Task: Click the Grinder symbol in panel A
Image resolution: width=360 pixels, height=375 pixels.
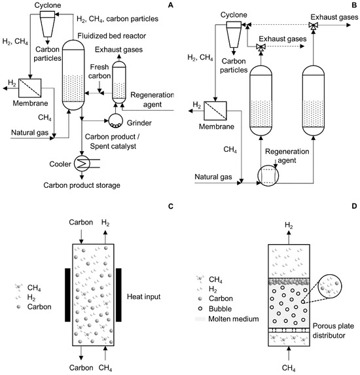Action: (116, 120)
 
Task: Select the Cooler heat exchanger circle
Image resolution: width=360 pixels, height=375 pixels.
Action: (82, 164)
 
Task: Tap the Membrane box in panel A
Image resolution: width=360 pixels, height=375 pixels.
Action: (30, 88)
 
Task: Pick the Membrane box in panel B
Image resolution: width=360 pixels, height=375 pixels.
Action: (215, 111)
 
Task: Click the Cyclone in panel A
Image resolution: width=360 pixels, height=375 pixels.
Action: (47, 24)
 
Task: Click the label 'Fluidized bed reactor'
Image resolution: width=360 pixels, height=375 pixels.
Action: (111, 36)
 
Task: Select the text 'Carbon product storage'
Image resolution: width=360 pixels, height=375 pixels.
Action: (82, 185)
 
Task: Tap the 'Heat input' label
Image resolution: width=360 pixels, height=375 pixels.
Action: (143, 296)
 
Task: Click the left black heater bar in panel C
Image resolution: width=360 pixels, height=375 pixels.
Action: (67, 295)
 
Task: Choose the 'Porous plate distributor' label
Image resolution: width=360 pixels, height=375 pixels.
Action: (333, 330)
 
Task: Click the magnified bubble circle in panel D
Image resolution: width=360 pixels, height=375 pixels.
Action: (331, 285)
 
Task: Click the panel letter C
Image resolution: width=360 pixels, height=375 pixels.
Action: (171, 206)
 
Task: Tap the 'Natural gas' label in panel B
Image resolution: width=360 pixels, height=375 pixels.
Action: (213, 177)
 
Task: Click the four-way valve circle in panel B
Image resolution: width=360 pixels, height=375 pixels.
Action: (268, 176)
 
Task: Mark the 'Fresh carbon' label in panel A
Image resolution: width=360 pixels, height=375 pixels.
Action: (99, 71)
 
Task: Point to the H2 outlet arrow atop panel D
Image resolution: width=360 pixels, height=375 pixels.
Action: (289, 238)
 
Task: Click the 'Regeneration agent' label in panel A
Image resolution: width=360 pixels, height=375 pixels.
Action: (152, 99)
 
